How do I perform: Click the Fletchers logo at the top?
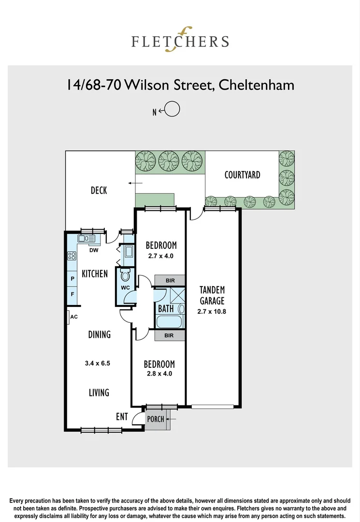click(180, 40)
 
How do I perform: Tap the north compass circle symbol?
click(173, 110)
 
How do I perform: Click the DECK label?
click(99, 190)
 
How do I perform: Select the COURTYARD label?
click(242, 175)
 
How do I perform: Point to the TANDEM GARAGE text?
click(212, 295)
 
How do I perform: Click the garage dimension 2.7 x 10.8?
click(212, 312)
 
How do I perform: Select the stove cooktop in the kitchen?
click(72, 256)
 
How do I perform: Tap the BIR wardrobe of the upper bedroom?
click(170, 281)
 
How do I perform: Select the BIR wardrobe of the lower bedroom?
click(169, 335)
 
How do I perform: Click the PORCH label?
click(156, 419)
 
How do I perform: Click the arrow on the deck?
click(135, 183)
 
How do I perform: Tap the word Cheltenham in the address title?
click(256, 85)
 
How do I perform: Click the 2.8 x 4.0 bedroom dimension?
click(159, 374)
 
